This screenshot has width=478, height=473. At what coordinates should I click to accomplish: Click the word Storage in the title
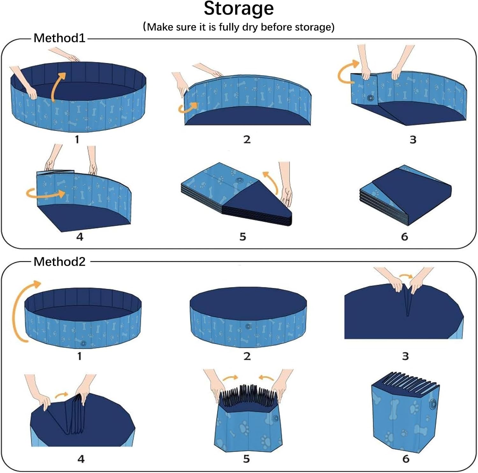[x=239, y=9]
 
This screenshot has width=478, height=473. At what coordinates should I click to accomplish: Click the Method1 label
[x=60, y=38]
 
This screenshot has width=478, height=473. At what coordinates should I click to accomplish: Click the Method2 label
[x=60, y=262]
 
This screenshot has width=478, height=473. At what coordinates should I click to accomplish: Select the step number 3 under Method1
[x=413, y=140]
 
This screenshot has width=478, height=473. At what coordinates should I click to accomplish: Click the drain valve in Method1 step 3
[x=370, y=98]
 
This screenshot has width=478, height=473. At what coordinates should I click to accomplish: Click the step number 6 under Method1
[x=404, y=237]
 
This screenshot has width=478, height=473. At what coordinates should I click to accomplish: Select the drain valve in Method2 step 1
[x=83, y=343]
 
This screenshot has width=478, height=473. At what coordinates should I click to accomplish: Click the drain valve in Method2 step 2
[x=248, y=326]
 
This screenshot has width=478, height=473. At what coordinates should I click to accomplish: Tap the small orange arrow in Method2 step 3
[x=405, y=276]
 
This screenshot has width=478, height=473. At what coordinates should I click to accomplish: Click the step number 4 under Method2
[x=81, y=459]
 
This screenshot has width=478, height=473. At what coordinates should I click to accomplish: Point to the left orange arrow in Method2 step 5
[x=230, y=378]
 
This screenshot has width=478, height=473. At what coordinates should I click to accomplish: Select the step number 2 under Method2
[x=247, y=356]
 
